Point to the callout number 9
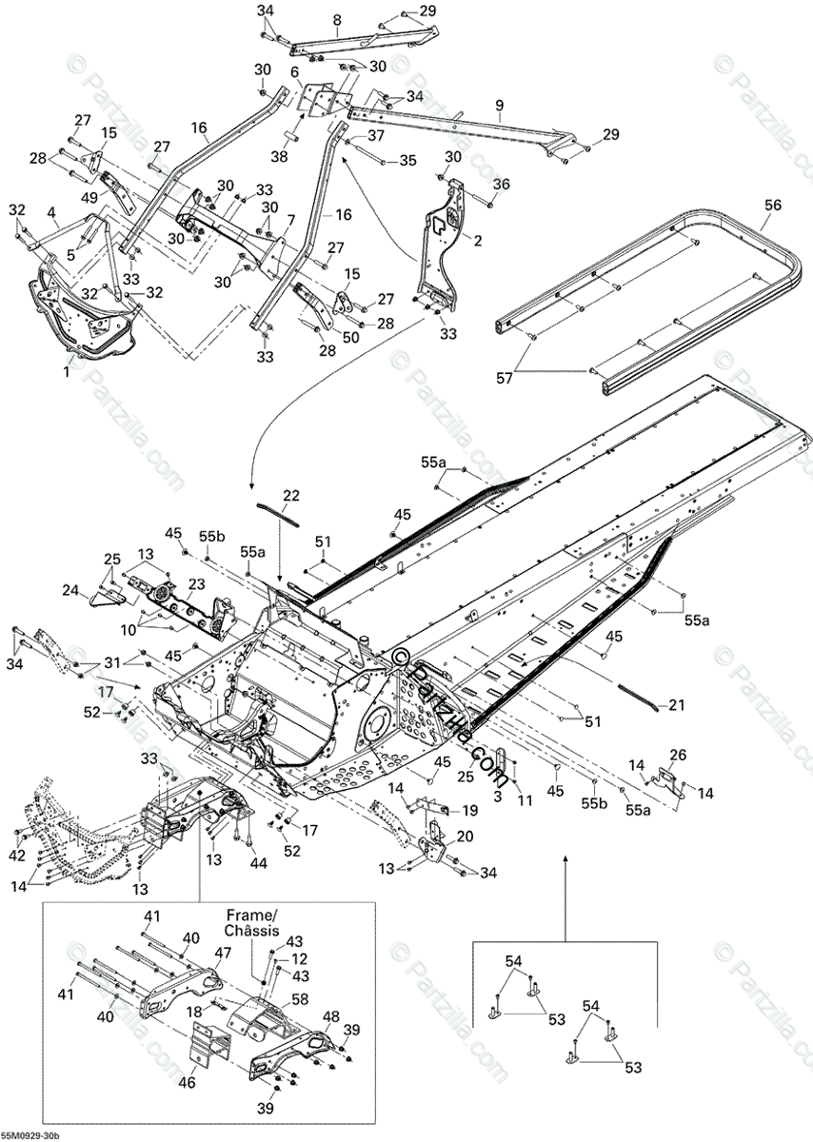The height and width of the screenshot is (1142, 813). click(499, 104)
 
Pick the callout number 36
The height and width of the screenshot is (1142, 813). click(502, 184)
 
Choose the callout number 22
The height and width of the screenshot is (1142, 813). click(290, 496)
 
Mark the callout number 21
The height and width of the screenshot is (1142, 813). click(676, 705)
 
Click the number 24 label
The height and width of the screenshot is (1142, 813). click(97, 591)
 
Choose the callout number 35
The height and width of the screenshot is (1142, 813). click(407, 161)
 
